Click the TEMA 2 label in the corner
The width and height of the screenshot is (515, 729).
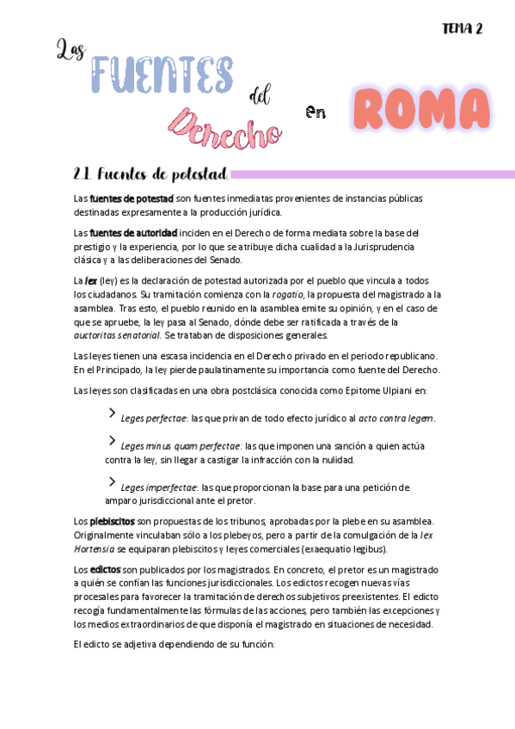pos(462,28)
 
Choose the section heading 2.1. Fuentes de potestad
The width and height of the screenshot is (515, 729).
pos(151,175)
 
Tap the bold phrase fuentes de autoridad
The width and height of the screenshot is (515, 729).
pos(133,233)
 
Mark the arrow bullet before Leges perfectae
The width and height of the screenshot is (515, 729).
pos(112,414)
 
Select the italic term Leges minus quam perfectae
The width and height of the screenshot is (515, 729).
pos(181,446)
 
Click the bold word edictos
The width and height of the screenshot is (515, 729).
pos(106,570)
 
